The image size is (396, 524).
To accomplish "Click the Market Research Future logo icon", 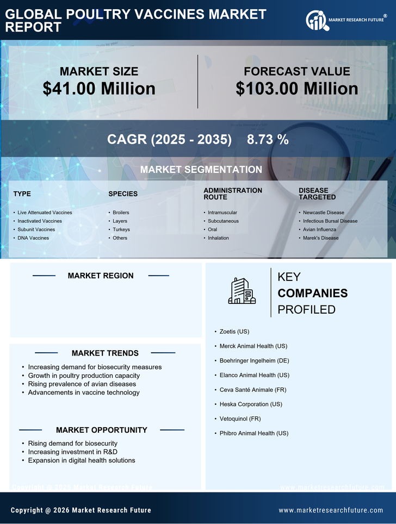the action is [316, 21].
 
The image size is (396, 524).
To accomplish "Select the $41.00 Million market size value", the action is [99, 89].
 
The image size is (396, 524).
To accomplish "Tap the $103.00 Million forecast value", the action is [296, 89].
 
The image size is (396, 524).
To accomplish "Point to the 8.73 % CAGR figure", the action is [268, 139].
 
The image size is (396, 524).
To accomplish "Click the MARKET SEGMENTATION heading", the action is [201, 170].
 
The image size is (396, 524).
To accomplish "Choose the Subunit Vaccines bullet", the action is [36, 229].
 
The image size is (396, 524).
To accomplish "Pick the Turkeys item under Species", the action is [121, 229].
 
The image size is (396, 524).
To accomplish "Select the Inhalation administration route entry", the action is [218, 238].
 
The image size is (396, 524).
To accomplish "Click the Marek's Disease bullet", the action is [320, 238].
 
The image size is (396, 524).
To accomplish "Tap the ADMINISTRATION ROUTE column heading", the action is [233, 194].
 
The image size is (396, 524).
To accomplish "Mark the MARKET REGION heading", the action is [101, 276].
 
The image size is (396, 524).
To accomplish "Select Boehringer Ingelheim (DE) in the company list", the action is [254, 360].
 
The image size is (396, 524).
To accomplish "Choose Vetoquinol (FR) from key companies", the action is [240, 419].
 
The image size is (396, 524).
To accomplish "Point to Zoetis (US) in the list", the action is [234, 331].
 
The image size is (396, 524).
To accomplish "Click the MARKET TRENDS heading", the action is [105, 353].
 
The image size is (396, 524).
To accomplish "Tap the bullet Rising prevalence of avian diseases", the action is [82, 384].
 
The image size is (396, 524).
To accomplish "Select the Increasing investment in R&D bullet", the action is [72, 452].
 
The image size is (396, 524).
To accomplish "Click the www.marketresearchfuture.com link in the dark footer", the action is [331, 510].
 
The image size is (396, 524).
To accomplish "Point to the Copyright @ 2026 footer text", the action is [81, 510].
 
